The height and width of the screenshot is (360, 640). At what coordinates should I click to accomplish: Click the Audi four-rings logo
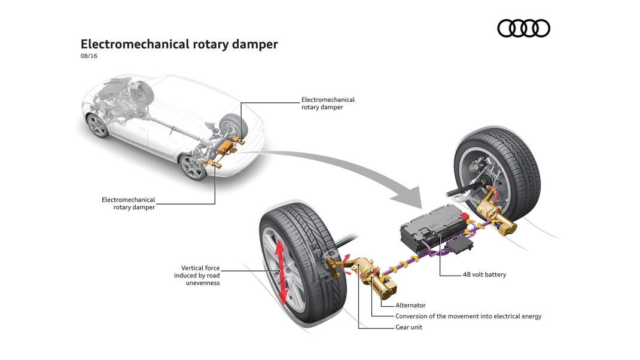click(524, 29)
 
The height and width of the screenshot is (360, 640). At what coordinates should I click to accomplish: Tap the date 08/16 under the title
click(89, 56)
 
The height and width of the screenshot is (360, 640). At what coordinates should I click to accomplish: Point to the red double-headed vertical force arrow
click(281, 273)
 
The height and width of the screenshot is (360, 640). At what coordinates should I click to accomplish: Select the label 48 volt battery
click(484, 274)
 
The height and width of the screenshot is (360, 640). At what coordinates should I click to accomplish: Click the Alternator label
click(410, 306)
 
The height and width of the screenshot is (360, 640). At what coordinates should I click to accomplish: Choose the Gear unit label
click(409, 327)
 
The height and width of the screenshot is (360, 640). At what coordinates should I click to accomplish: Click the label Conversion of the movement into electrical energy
click(468, 316)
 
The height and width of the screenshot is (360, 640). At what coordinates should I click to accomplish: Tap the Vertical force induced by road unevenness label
click(197, 276)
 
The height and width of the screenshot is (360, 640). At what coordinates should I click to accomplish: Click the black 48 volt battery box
click(432, 227)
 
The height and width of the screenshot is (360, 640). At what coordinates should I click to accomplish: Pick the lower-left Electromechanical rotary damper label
click(129, 203)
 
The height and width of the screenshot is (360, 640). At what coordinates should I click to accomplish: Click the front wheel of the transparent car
click(97, 126)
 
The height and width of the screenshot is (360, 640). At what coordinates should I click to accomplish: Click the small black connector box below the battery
click(461, 243)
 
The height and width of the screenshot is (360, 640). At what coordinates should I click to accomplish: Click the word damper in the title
click(255, 44)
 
